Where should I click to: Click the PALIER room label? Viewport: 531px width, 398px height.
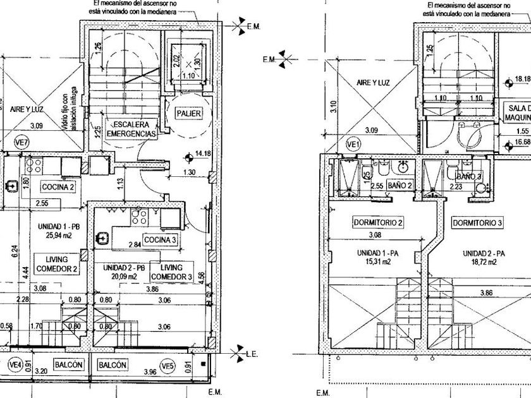point(188,114)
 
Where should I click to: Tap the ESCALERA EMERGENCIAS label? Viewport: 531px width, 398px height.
point(131,129)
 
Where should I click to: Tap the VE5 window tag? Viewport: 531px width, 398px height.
point(167,365)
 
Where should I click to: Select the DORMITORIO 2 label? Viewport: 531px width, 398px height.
point(379,222)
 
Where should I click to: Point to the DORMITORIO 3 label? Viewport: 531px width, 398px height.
point(477,222)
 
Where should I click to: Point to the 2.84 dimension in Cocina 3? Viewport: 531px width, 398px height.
point(135,245)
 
